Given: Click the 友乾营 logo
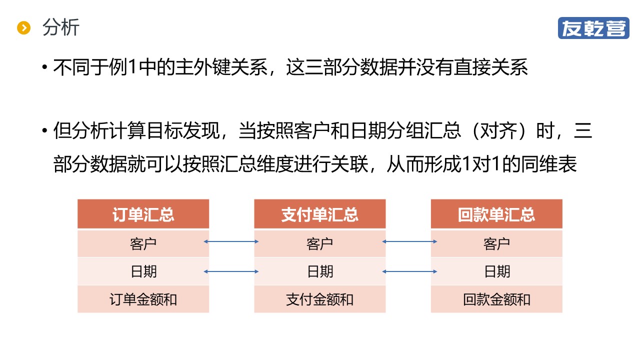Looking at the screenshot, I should click(593, 28).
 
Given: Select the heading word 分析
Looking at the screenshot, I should click(60, 27).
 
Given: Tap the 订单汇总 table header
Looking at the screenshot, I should click(143, 214).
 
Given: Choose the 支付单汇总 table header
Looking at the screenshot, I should click(320, 214).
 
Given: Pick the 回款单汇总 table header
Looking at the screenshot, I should click(496, 214).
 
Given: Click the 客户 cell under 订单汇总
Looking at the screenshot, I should click(143, 243).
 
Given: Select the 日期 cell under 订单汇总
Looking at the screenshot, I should click(143, 271).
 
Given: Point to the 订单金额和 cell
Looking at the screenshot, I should click(143, 299).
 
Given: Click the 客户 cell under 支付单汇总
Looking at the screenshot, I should click(320, 243).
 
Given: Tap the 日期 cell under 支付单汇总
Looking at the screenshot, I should click(320, 271).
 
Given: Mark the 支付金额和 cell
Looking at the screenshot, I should click(320, 299).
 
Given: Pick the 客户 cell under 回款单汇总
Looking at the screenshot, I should click(496, 243).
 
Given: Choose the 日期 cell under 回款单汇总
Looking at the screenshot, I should click(496, 271).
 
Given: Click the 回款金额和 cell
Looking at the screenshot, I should click(496, 299).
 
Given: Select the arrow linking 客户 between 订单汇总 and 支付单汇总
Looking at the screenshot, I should click(231, 242).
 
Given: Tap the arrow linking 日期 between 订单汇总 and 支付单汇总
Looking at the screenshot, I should click(231, 271).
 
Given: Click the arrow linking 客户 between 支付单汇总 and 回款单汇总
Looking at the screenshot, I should click(409, 242).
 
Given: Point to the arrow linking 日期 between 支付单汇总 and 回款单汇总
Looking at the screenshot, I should click(409, 271).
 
